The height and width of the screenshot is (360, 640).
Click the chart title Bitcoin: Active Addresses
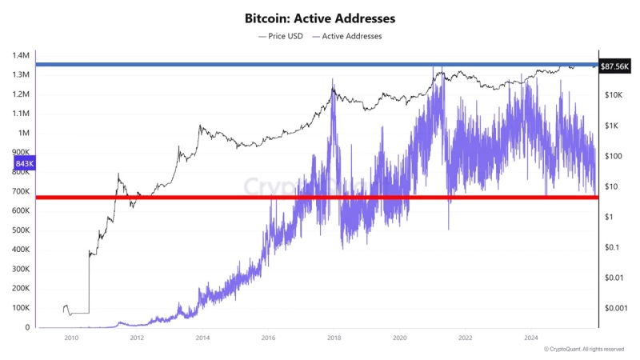319,17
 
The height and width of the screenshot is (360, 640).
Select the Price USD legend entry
281,36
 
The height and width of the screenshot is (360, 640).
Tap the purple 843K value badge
24,164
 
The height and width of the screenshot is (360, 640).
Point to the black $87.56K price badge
617,66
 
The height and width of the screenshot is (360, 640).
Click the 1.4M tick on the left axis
21,55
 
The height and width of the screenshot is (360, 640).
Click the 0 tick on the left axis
26,327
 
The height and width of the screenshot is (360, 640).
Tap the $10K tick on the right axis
614,95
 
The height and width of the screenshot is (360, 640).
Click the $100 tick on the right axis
614,156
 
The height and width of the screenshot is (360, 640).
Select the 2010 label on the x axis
70,338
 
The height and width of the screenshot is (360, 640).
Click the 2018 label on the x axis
334,338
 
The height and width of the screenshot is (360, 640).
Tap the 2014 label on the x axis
202,338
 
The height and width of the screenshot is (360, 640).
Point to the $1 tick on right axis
610,217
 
